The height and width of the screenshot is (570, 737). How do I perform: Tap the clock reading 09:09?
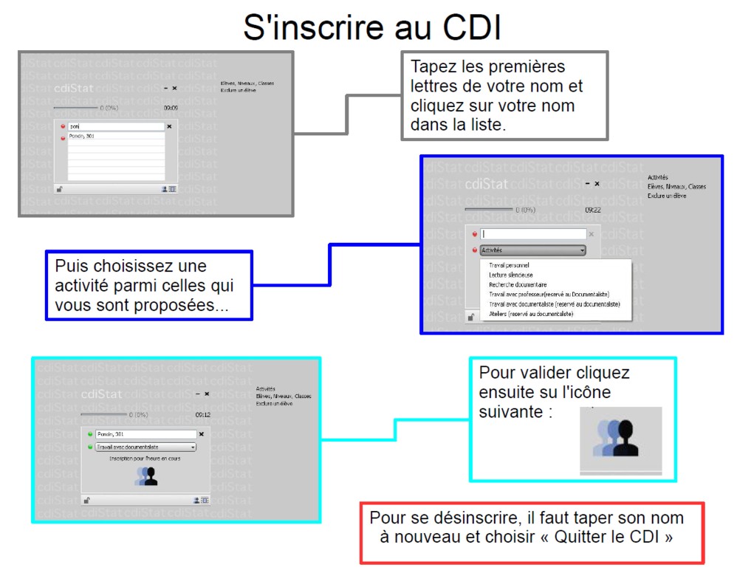[171, 108]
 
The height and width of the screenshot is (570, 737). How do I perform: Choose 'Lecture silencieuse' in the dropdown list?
[511, 275]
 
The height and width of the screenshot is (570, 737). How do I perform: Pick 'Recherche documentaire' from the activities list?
[518, 284]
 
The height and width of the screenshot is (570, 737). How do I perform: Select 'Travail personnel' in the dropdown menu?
[509, 265]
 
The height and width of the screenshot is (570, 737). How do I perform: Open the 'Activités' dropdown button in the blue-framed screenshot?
[532, 250]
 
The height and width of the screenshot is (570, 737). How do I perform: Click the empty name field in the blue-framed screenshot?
[533, 234]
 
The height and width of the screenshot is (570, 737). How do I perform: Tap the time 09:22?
[592, 210]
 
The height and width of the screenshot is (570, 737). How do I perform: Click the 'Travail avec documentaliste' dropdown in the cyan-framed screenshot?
[145, 447]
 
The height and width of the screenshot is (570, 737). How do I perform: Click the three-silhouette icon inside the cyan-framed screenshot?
[146, 476]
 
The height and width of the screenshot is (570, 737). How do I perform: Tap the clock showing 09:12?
[203, 415]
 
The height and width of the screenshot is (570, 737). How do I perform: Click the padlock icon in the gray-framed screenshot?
[59, 189]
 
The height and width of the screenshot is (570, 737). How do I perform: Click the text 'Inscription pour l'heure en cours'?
[145, 459]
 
